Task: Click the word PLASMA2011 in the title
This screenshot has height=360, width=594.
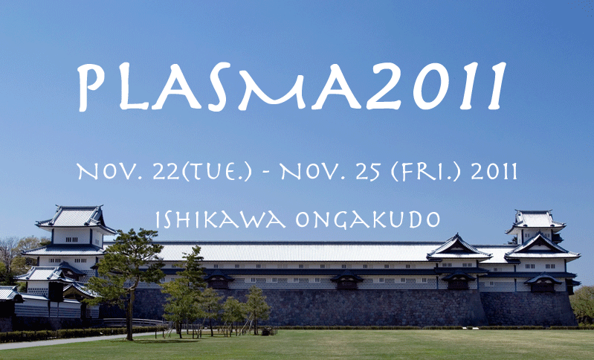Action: tap(291, 87)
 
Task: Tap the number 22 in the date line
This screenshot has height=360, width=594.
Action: tap(166, 172)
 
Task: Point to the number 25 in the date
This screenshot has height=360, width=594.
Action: tap(368, 172)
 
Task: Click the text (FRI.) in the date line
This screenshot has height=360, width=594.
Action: tap(426, 173)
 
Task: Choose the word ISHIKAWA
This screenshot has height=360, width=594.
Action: tap(221, 219)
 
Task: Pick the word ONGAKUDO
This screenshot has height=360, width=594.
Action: tap(368, 219)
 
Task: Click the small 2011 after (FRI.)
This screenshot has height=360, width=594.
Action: tap(494, 172)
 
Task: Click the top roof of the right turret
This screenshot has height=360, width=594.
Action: tap(535, 221)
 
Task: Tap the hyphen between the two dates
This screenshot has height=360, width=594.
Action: tap(266, 173)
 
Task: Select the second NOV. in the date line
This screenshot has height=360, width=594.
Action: tap(313, 172)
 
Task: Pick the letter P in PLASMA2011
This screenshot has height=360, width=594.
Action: tap(91, 87)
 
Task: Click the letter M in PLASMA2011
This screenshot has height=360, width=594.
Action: tap(271, 87)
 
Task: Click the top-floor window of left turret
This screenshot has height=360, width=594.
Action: tap(71, 240)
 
